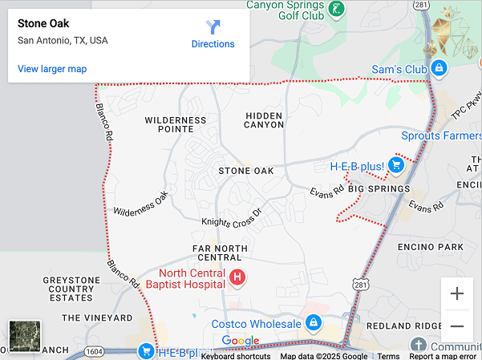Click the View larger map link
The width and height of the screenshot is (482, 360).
52,69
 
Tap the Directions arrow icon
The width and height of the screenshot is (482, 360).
213,27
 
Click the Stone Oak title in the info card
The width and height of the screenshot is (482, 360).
43,23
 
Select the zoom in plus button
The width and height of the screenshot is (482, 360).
457,293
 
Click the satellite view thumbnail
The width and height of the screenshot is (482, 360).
24,336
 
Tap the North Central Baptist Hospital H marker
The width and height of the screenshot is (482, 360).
237,278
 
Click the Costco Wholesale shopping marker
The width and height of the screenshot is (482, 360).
313,324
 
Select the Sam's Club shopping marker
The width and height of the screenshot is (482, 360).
439,69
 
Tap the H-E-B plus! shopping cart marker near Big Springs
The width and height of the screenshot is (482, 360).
395,165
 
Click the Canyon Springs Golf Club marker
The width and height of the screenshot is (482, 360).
338,10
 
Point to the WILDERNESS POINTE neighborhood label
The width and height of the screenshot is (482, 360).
176,124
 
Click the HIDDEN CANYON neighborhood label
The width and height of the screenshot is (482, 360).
264,120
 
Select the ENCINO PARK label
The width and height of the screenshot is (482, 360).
431,247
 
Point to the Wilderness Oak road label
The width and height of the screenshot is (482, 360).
142,204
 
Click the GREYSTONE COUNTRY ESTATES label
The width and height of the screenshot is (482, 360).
71,289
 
